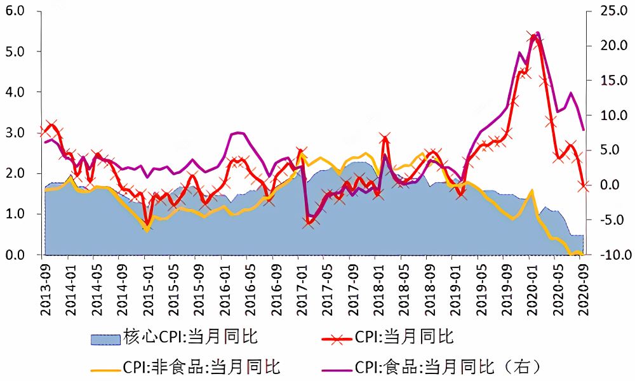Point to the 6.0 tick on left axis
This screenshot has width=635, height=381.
15,11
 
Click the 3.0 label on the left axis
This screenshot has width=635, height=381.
15,133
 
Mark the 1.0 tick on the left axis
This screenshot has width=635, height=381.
15,214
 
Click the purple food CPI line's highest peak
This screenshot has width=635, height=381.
538,32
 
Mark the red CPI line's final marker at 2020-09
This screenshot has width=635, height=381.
582,185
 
